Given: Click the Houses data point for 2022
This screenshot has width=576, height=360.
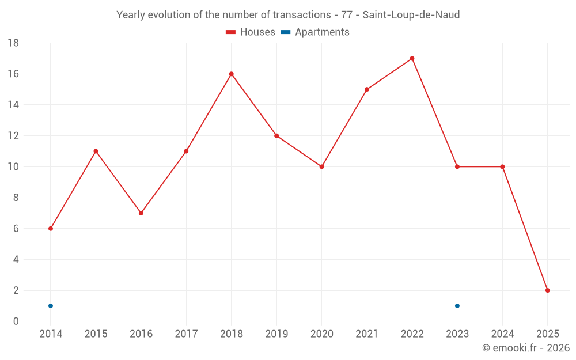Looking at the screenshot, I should [x=412, y=58].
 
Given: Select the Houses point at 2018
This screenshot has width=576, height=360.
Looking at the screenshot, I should [x=231, y=74].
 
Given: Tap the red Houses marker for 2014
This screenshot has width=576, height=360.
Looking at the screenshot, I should [x=51, y=229].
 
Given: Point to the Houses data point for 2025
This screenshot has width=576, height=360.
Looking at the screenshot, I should [x=547, y=290].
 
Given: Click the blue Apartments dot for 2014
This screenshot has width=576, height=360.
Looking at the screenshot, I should [x=51, y=306].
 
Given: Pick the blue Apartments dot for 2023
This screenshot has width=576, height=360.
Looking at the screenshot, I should [x=457, y=306].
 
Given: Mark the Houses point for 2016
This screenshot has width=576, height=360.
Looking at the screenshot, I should [x=141, y=213].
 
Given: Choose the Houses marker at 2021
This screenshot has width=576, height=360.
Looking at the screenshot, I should [x=367, y=89].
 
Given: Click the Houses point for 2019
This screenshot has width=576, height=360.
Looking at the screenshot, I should [x=276, y=136].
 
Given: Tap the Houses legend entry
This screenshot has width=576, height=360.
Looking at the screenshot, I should [x=250, y=32].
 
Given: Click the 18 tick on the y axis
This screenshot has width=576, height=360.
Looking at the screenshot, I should [x=13, y=43].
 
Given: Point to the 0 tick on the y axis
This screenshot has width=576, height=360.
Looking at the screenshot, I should [x=16, y=321].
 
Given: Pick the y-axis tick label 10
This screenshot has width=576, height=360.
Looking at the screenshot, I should [x=13, y=167].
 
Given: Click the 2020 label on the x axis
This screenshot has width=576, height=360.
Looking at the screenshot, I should [x=321, y=334].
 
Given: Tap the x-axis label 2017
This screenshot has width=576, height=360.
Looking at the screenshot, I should [x=186, y=334].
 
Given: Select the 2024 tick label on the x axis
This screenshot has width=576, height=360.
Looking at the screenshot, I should [x=502, y=334].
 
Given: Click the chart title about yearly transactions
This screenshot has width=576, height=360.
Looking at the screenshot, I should [x=288, y=15].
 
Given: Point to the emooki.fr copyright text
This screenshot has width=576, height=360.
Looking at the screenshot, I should [x=525, y=348].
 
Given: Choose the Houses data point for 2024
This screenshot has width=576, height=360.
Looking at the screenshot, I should [x=502, y=167].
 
